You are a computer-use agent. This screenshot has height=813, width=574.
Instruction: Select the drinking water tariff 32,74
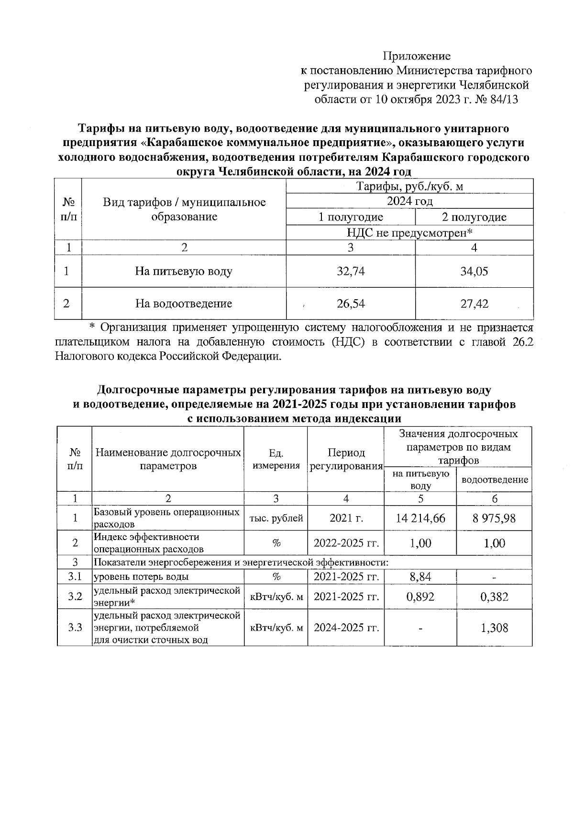pyautogui.click(x=351, y=271)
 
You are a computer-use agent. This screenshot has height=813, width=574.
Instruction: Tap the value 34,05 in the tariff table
pyautogui.click(x=474, y=271)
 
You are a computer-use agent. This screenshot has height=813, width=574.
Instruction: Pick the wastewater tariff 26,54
pyautogui.click(x=351, y=304)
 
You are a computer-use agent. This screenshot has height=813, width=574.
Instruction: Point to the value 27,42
pyautogui.click(x=474, y=304)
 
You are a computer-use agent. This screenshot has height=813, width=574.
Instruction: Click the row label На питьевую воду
pyautogui.click(x=184, y=271)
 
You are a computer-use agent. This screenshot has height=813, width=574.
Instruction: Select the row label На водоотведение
pyautogui.click(x=184, y=304)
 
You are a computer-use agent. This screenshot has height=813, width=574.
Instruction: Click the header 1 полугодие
pyautogui.click(x=351, y=217)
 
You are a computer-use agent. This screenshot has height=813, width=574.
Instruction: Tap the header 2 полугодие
pyautogui.click(x=474, y=217)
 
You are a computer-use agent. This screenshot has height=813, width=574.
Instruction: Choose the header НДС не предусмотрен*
pyautogui.click(x=409, y=233)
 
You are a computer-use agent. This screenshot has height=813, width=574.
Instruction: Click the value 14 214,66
pyautogui.click(x=420, y=518)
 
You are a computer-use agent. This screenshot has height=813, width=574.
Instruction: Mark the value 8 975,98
pyautogui.click(x=494, y=518)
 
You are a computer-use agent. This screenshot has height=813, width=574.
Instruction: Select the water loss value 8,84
pyautogui.click(x=420, y=577)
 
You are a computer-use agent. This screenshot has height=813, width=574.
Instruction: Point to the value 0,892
pyautogui.click(x=420, y=597)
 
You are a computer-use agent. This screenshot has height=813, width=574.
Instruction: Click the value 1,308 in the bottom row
pyautogui.click(x=494, y=628)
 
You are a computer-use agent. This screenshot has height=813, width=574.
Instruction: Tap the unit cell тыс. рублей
pyautogui.click(x=276, y=518)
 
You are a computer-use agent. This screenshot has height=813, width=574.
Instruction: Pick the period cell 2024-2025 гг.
pyautogui.click(x=346, y=628)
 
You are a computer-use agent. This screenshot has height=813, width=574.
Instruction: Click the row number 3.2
pyautogui.click(x=75, y=597)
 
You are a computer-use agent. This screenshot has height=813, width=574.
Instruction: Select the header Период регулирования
pyautogui.click(x=346, y=460)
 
